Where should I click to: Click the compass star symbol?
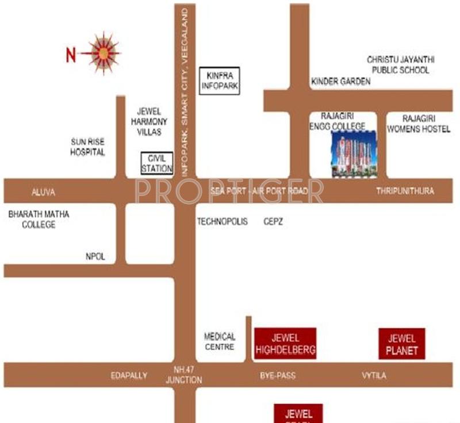pyautogui.click(x=103, y=53)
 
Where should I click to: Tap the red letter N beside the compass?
pyautogui.click(x=71, y=55)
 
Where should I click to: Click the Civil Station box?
pyautogui.click(x=157, y=163)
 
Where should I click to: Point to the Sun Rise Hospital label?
pyautogui.click(x=87, y=147)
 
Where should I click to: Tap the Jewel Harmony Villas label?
pyautogui.click(x=149, y=121)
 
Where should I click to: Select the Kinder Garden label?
pyautogui.click(x=341, y=82)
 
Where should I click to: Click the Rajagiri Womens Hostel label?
pyautogui.click(x=418, y=124)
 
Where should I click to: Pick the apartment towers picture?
pyautogui.click(x=354, y=153)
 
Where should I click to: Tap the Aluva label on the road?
pyautogui.click(x=43, y=191)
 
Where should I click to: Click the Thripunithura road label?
pyautogui.click(x=405, y=191)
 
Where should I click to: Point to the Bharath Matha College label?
pyautogui.click(x=39, y=219)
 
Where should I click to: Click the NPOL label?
pyautogui.click(x=95, y=257)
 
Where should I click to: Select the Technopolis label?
pyautogui.click(x=223, y=221)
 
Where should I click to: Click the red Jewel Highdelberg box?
pyautogui.click(x=285, y=343)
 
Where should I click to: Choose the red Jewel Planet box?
pyautogui.click(x=402, y=344)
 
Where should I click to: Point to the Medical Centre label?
pyautogui.click(x=220, y=341)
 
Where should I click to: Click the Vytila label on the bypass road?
pyautogui.click(x=374, y=376)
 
